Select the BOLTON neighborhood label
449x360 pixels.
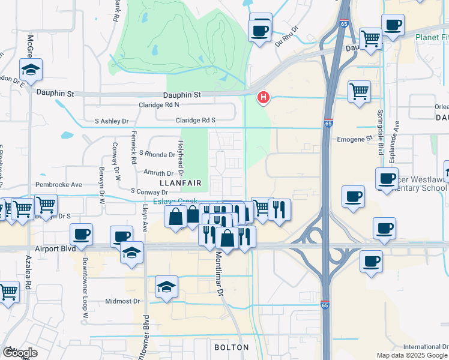click(231, 347)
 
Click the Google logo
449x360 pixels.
click(20, 353)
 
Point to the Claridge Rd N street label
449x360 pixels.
click(176, 104)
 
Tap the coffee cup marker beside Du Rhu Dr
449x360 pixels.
click(260, 31)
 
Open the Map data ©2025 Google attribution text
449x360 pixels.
click(412, 355)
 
